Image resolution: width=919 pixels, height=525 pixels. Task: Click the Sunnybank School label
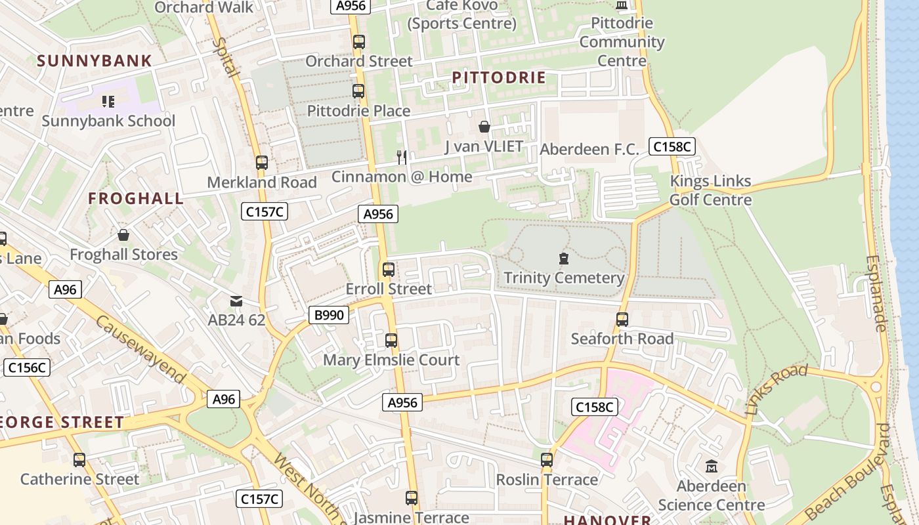pyautogui.click(x=108, y=121)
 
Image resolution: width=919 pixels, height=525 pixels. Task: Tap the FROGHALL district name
pyautogui.click(x=136, y=199)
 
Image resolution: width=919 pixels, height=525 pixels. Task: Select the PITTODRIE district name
pyautogui.click(x=499, y=78)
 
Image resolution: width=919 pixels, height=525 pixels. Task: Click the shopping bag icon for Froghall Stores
pyautogui.click(x=123, y=235)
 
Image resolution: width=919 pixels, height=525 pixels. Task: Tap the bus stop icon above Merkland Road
pyautogui.click(x=262, y=162)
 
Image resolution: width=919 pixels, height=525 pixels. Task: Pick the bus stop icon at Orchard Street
pyautogui.click(x=358, y=42)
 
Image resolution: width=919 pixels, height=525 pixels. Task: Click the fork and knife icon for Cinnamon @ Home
pyautogui.click(x=402, y=157)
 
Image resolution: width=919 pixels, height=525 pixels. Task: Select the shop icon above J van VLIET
pyautogui.click(x=484, y=127)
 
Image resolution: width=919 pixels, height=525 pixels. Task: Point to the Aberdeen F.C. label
pyautogui.click(x=589, y=150)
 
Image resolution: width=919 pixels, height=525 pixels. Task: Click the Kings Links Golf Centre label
pyautogui.click(x=710, y=190)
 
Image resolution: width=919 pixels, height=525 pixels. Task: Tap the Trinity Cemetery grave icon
pyautogui.click(x=563, y=259)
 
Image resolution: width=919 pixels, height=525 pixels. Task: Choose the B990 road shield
pyautogui.click(x=329, y=315)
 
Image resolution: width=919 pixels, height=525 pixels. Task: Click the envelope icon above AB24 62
pyautogui.click(x=236, y=301)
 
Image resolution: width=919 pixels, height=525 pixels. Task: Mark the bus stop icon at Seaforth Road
pyautogui.click(x=622, y=320)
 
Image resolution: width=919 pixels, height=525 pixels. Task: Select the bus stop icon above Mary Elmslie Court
pyautogui.click(x=391, y=341)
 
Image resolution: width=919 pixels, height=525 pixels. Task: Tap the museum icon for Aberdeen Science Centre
pyautogui.click(x=711, y=467)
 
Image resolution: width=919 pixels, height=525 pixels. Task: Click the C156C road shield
pyautogui.click(x=26, y=367)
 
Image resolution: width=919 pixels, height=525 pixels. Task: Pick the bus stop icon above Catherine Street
pyautogui.click(x=79, y=460)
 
